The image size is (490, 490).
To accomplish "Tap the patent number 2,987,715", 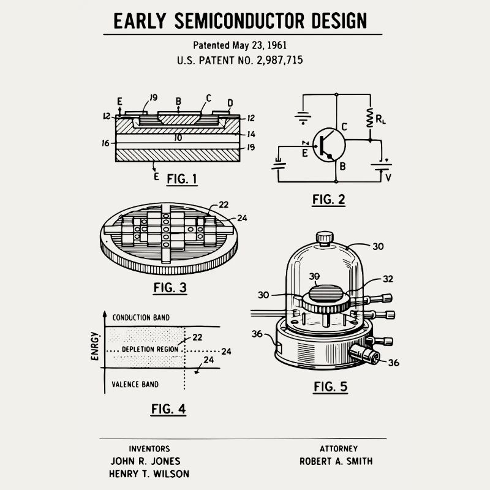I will [274, 60].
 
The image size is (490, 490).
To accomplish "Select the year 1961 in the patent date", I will [275, 45].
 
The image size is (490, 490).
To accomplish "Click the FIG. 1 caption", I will [183, 179].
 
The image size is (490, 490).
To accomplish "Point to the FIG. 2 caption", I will [328, 199].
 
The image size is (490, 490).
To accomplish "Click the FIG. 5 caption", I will [330, 386].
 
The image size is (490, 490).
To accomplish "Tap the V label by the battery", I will [387, 178].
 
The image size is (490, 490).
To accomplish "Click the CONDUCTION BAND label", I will [141, 317].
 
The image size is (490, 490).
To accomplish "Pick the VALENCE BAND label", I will [135, 385].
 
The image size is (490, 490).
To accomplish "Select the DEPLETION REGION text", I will [150, 349].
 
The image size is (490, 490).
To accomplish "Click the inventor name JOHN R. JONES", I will [146, 461].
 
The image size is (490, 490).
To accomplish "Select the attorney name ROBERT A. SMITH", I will [336, 461].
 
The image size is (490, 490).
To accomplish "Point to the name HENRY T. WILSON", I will [149, 473].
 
